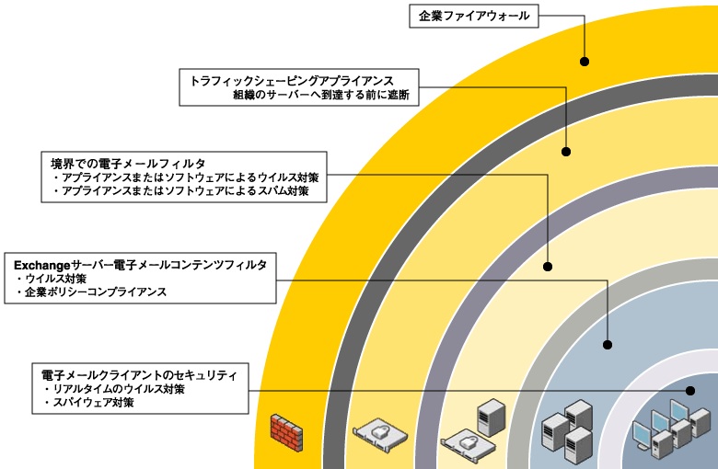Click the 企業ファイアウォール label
(x=474, y=16)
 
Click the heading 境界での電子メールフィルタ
(x=127, y=163)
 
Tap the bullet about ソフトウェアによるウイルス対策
(x=185, y=177)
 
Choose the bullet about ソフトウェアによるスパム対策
(x=185, y=192)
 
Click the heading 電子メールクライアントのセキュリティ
(x=139, y=375)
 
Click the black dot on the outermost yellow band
(x=585, y=62)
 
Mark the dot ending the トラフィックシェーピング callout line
(x=566, y=151)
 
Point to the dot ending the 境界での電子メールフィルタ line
(x=548, y=267)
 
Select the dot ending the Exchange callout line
(x=608, y=345)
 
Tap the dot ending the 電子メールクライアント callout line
(x=687, y=390)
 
